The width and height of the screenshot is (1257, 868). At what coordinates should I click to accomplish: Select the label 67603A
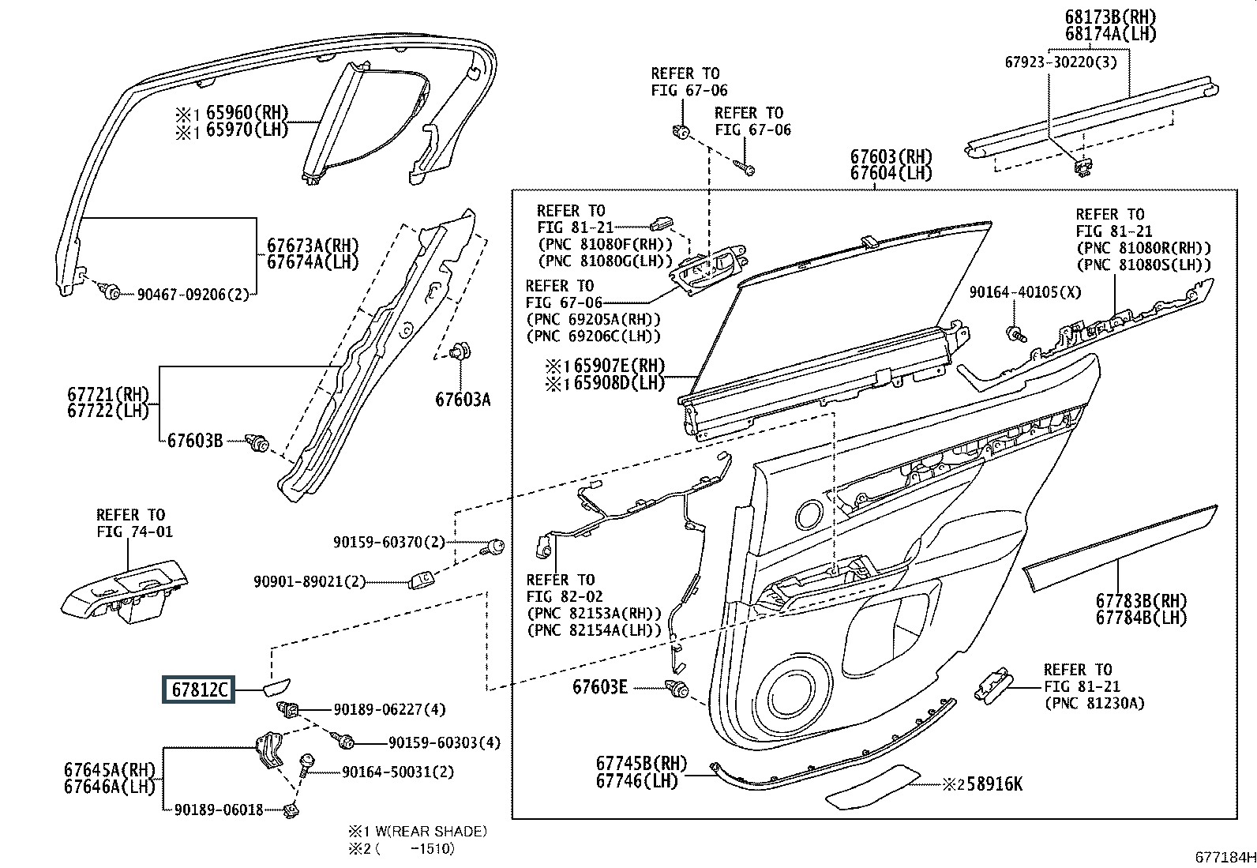click(x=463, y=400)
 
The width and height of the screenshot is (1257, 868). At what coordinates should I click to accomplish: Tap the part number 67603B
click(x=195, y=441)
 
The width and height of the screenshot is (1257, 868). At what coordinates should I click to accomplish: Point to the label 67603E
click(x=600, y=687)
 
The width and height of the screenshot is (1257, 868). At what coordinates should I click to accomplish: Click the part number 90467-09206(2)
click(x=193, y=295)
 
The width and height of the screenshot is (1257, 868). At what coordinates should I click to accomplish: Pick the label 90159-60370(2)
click(x=388, y=542)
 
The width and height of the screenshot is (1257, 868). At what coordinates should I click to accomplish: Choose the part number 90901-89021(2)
click(x=310, y=581)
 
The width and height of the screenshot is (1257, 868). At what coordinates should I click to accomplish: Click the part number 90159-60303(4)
click(x=445, y=743)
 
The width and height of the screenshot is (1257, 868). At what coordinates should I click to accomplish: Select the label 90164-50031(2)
click(x=398, y=772)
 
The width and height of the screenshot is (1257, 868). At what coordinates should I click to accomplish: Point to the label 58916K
click(x=989, y=784)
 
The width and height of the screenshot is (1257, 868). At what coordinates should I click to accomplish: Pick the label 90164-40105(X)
click(x=1025, y=292)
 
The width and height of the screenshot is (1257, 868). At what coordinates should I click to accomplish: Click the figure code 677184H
click(x=1224, y=857)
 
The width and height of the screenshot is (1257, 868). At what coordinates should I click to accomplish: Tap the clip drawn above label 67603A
click(x=458, y=353)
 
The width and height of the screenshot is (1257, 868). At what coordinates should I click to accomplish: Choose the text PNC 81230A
click(x=1094, y=704)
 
